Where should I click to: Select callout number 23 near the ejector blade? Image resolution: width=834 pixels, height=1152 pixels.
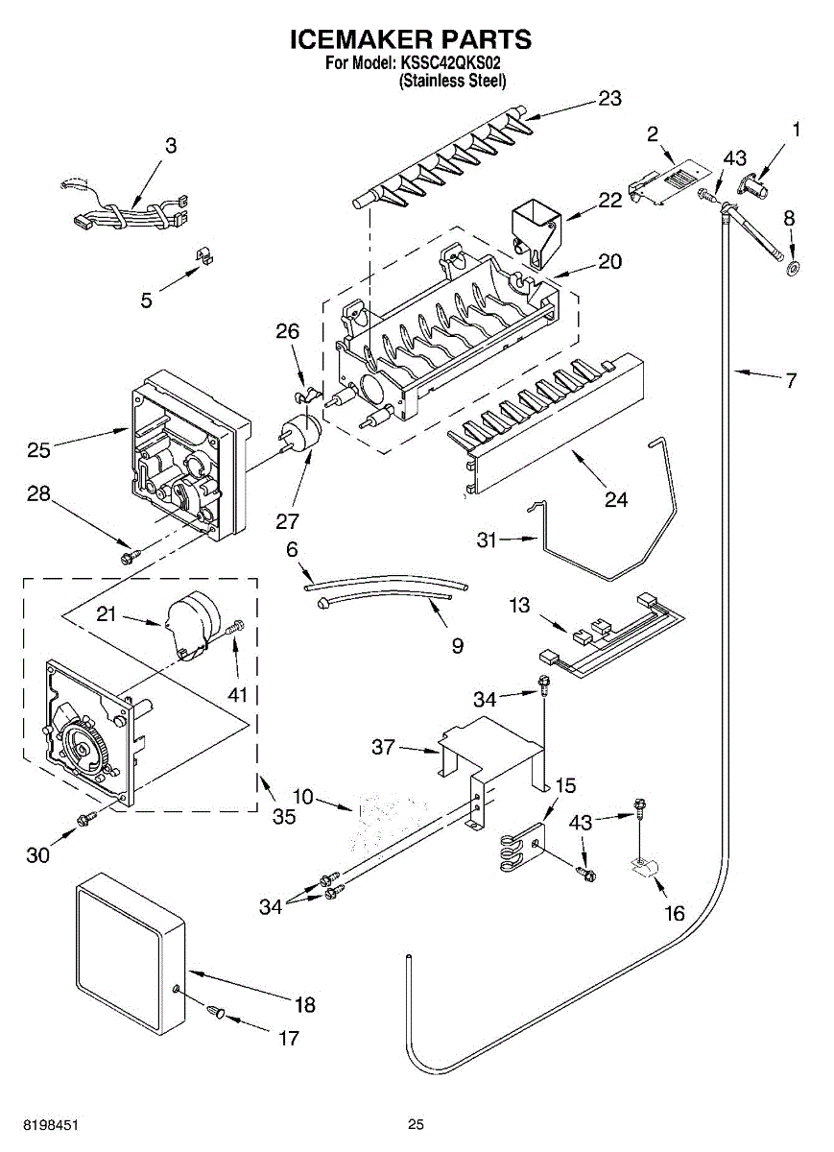[609, 98]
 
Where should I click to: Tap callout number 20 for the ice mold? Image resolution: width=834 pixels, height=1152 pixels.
[609, 261]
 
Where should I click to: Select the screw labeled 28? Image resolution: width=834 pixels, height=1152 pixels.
[127, 556]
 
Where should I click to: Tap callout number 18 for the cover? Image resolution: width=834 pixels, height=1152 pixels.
[304, 1005]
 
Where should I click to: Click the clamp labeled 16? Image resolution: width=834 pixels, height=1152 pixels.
[641, 870]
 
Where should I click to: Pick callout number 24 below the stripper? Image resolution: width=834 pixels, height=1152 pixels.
[615, 499]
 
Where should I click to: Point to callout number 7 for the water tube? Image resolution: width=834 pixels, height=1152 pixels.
[790, 381]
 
